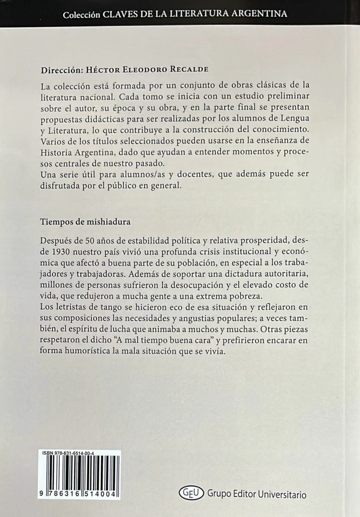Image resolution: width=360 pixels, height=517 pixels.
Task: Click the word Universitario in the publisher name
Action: coord(282,494)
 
